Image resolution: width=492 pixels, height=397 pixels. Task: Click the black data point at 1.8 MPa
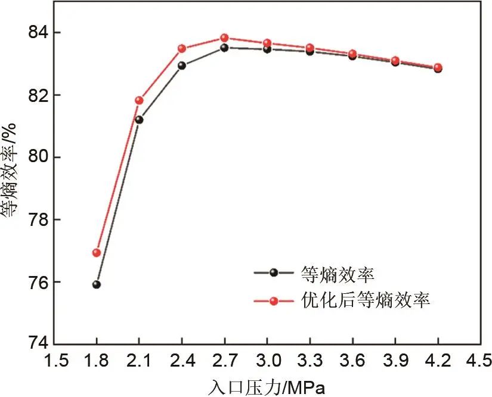point(97,284)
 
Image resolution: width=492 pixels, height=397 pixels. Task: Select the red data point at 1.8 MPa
point(97,253)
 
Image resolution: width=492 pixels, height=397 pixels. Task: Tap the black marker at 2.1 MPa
point(139,120)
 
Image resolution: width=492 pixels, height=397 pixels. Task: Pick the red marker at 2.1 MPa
point(139,100)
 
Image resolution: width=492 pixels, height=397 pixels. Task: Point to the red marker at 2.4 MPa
point(182,49)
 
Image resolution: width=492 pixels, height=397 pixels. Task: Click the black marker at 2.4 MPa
point(182,66)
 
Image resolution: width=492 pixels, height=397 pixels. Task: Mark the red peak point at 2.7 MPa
point(224,38)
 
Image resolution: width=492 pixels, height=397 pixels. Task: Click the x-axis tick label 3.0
point(267,359)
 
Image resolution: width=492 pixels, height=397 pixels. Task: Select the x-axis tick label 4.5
point(479,359)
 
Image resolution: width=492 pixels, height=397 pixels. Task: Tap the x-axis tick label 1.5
point(54,359)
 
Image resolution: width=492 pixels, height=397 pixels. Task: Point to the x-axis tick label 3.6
point(352,359)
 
